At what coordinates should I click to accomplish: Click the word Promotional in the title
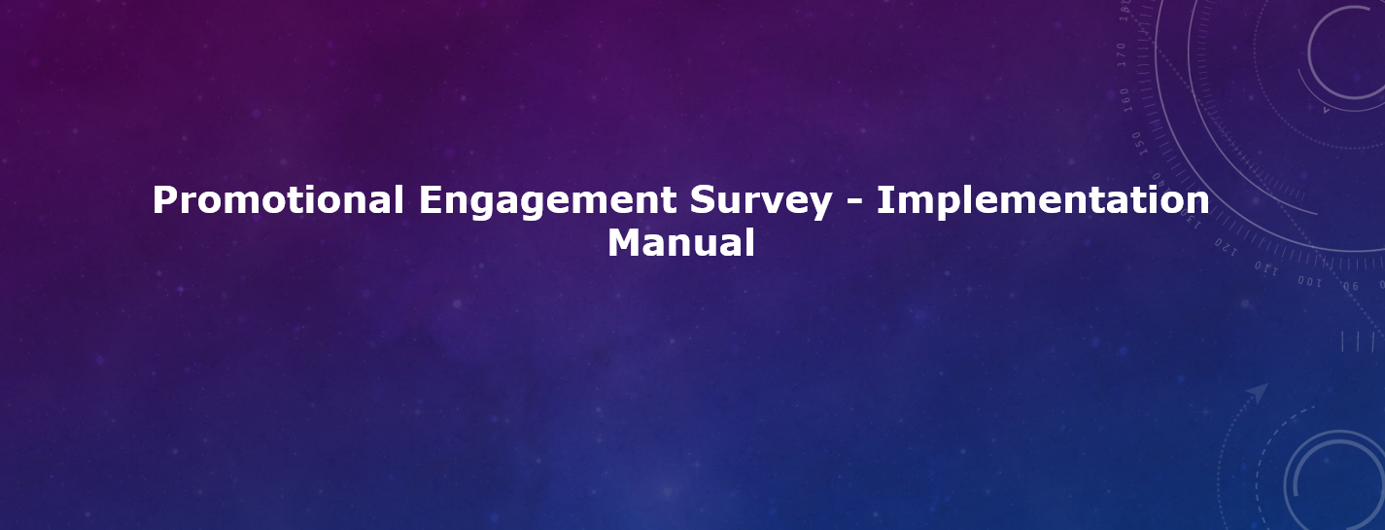coord(278,199)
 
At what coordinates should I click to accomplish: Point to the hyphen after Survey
coord(854,203)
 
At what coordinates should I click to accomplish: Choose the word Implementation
coord(1043,199)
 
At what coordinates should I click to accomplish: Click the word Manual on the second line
coord(680,242)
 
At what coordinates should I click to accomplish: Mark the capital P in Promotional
coord(164,199)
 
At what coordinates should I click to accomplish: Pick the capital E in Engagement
coord(430,199)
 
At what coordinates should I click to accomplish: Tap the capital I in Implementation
coord(883,199)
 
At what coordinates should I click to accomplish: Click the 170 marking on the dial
coord(1122,54)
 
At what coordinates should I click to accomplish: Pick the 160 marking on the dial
coord(1125,100)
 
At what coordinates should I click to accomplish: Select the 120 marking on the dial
coord(1226,246)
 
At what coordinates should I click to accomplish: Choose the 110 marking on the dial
coord(1265,268)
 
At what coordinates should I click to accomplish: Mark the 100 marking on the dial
coord(1309,282)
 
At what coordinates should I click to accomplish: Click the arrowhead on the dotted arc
coord(1259,392)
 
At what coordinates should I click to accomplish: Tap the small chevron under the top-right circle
coord(1326,111)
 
